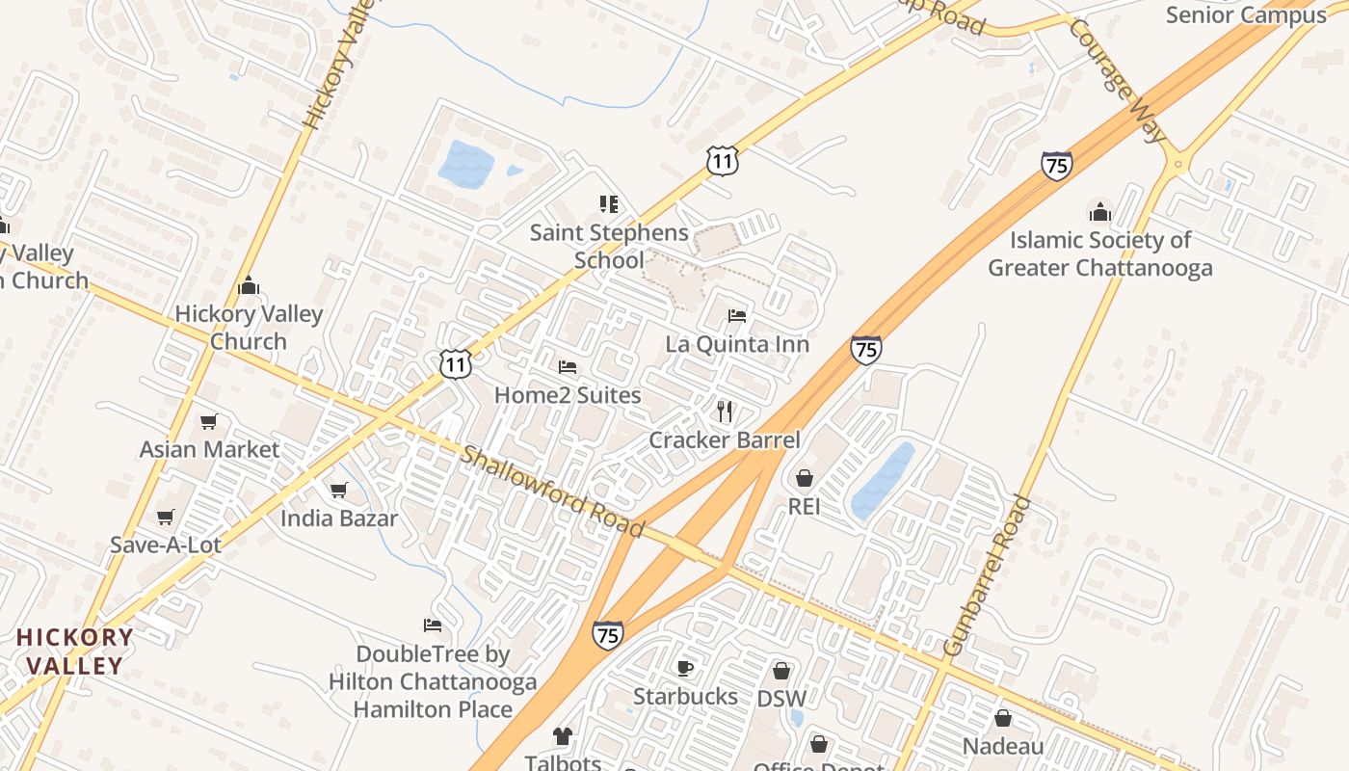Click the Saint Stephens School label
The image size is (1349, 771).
(609, 247)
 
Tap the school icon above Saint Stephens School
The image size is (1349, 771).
(608, 204)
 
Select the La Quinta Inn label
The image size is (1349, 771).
(737, 344)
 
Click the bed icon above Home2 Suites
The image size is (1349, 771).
(568, 367)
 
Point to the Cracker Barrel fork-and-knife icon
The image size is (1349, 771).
(725, 412)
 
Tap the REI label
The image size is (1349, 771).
(804, 506)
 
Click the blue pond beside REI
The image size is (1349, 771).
(882, 482)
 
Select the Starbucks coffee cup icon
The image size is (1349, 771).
(685, 668)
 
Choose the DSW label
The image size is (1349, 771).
(781, 698)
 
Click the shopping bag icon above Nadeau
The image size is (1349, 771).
(1003, 718)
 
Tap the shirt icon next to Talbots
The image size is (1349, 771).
(563, 737)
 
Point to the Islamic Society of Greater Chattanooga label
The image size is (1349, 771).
(1099, 254)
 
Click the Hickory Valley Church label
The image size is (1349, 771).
(249, 328)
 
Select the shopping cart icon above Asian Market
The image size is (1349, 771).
(208, 422)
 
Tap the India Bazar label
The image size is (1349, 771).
(339, 518)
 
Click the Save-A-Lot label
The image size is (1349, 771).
(166, 545)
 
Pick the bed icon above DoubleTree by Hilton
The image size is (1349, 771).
(433, 626)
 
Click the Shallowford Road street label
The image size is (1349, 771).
(551, 492)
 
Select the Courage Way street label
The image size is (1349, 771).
(1115, 81)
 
